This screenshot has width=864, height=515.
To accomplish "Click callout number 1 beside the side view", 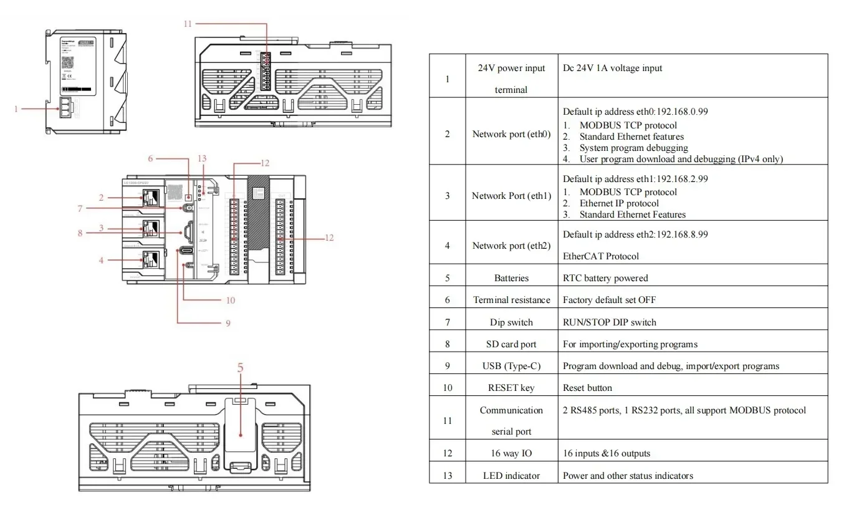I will [x=17, y=109].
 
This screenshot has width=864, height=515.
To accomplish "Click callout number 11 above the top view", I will [x=188, y=24].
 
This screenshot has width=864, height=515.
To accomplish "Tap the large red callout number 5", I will [x=241, y=367].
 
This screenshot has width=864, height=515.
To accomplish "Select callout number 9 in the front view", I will [x=228, y=323].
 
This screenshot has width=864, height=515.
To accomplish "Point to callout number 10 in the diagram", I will [x=231, y=300].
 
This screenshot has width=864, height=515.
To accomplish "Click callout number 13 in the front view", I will [x=201, y=158].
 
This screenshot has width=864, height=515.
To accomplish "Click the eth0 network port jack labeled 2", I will [x=150, y=198].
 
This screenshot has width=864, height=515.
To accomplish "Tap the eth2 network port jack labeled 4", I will [x=150, y=259].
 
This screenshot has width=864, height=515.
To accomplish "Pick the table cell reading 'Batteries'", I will [x=511, y=278].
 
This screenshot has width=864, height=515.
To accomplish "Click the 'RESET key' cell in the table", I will [x=511, y=388].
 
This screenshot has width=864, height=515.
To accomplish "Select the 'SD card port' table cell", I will [x=511, y=344].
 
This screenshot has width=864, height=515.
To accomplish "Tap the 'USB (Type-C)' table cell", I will [x=511, y=366].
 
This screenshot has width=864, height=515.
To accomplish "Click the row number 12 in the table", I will [x=447, y=453].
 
